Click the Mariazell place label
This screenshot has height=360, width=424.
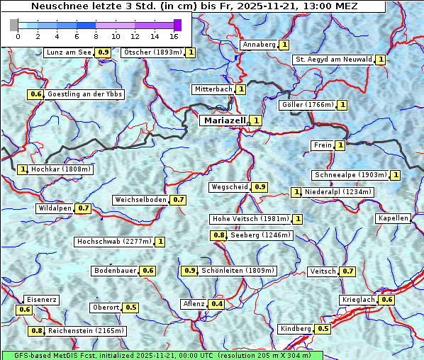pos(225,120)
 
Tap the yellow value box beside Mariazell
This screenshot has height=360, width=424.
pos(256,120)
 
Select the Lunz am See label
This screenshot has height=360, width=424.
pos(68,52)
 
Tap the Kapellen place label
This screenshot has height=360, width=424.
pos(394,218)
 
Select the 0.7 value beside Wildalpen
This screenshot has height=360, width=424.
pos(84,208)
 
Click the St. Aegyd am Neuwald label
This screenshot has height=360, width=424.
pos(333,60)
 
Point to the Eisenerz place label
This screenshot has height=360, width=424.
pos(40,300)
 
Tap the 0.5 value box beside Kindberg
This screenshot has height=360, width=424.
pos(323,329)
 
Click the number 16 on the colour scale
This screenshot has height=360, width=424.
pos(174,36)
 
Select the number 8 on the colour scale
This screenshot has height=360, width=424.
pos(96,36)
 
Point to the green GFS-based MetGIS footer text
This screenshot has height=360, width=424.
pos(162,355)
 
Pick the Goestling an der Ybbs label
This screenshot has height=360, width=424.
pos(84,94)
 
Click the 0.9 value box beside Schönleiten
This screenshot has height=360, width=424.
pos(190,271)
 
